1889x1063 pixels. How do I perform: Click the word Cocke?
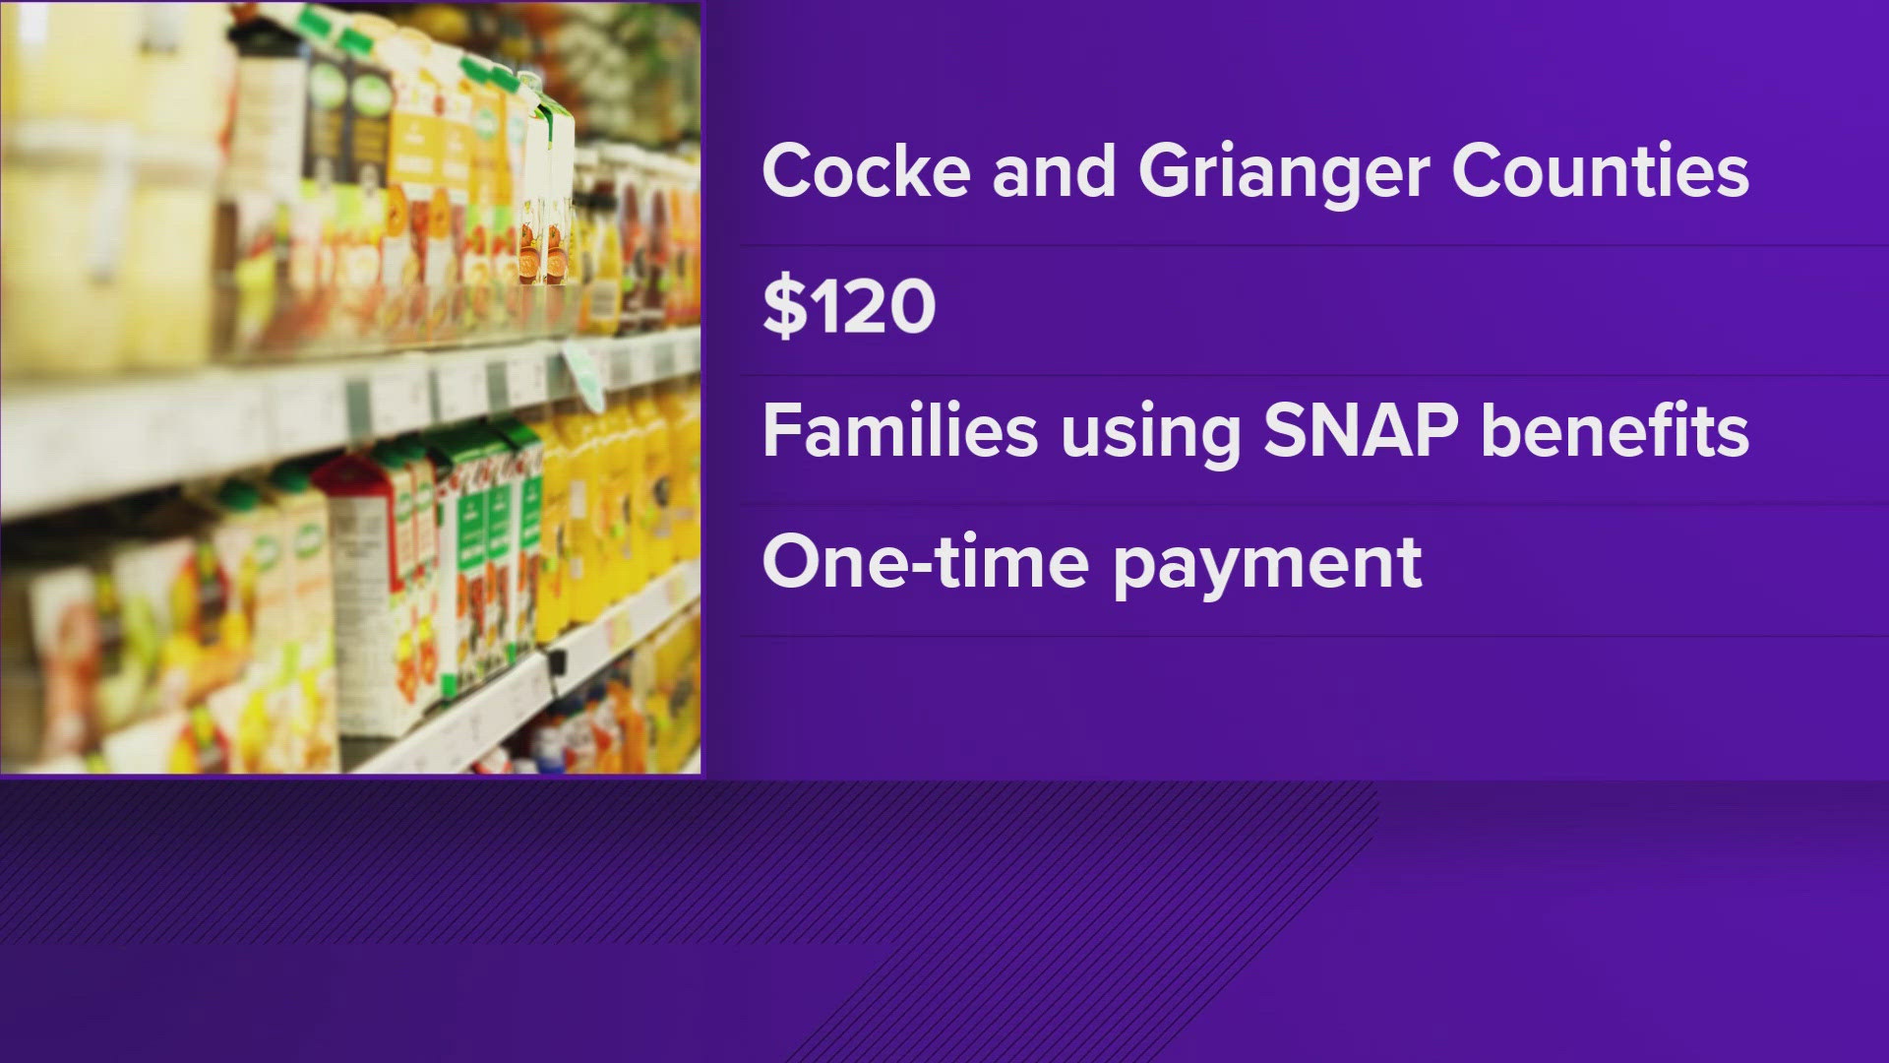pos(867,172)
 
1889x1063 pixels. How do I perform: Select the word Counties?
pos(1601,172)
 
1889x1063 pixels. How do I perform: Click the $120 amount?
pos(849,306)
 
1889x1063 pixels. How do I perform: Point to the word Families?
pos(900,431)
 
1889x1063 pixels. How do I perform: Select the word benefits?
pos(1615,431)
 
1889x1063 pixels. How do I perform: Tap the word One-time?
pos(926,562)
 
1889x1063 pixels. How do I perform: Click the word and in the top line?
pos(1054,172)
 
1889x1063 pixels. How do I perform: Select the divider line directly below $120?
pos(1314,375)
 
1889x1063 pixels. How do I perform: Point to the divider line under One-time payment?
pos(1314,636)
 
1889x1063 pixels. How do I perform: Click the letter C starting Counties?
pos(1478,172)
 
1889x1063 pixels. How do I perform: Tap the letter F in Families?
pos(781,432)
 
